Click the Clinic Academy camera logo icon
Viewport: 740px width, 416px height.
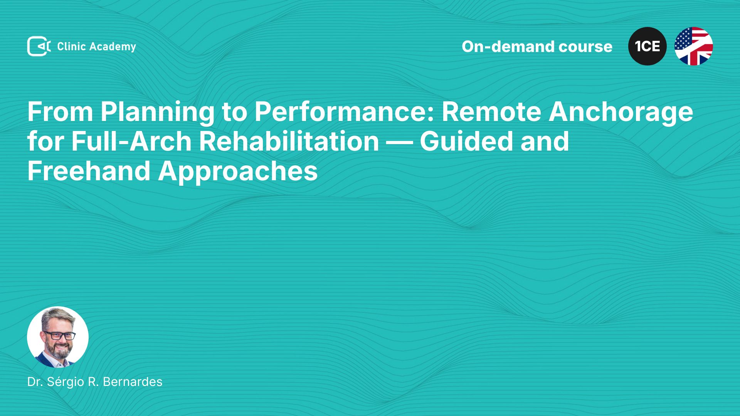click(x=39, y=46)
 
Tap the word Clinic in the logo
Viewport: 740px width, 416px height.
click(x=71, y=46)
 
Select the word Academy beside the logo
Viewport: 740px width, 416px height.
click(x=113, y=47)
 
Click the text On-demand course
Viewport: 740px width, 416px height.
click(x=537, y=47)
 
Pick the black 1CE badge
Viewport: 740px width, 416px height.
click(x=647, y=46)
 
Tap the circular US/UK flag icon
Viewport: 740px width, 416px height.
click(x=694, y=46)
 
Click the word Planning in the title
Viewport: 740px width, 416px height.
click(x=157, y=112)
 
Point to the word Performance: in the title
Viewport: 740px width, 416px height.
click(x=344, y=112)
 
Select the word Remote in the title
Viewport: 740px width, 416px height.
click(x=491, y=112)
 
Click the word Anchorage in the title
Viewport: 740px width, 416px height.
click(x=621, y=112)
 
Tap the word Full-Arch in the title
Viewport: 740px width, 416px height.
click(x=131, y=141)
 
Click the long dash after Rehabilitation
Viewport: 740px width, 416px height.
click(x=399, y=142)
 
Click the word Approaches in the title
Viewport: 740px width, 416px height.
click(x=238, y=172)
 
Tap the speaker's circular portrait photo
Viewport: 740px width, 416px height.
click(x=58, y=337)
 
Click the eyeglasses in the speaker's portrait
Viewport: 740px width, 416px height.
click(x=59, y=335)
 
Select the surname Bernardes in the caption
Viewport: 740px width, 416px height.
click(x=133, y=382)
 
